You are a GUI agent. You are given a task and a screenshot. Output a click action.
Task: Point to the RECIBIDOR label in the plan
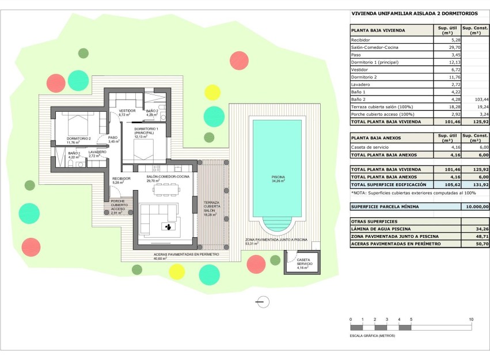pyautogui.click(x=121, y=179)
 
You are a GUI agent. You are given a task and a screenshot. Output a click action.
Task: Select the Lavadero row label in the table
pyautogui.click(x=361, y=85)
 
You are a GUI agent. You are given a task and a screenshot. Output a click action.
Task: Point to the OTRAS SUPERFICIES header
pyautogui.click(x=376, y=221)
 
